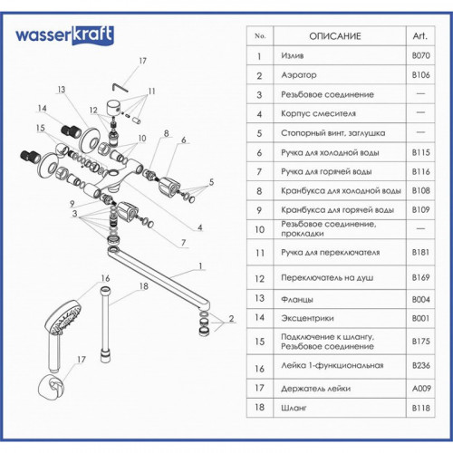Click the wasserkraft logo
tap(64, 35)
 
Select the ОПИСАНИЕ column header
tap(335, 36)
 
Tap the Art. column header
tap(420, 36)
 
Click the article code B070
tap(421, 55)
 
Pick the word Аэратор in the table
tap(299, 75)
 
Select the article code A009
tap(421, 388)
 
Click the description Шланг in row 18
tap(294, 408)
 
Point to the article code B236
tap(421, 365)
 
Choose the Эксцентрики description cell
tap(307, 318)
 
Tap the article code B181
tap(420, 252)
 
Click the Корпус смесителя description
tap(318, 113)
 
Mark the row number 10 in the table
tap(260, 230)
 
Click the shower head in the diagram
tap(63, 320)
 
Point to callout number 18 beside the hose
tap(144, 286)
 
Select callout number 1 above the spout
tap(200, 266)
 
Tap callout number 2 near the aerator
tap(231, 319)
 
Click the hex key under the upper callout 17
tap(120, 87)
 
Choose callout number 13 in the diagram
tap(62, 90)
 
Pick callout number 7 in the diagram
tap(183, 243)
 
